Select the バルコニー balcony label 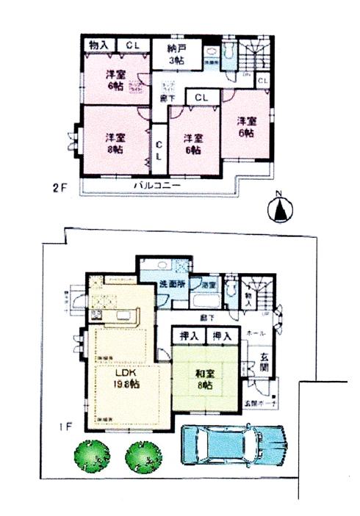pos(158,185)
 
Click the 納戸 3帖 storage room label pos(176,55)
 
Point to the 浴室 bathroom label pos(209,284)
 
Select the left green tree pos(90,456)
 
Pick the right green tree pos(143,457)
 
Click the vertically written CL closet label pos(158,151)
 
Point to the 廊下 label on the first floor pos(208,319)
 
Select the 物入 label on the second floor pos(98,45)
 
